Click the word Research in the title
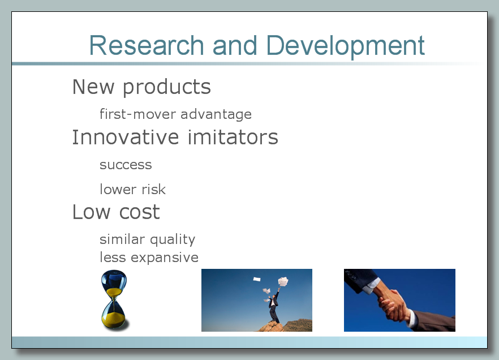[x=147, y=45]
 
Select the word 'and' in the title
[x=235, y=45]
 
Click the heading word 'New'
[x=93, y=87]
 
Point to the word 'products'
[x=167, y=88]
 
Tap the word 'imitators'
[x=233, y=137]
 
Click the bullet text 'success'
[x=126, y=165]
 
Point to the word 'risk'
[x=154, y=189]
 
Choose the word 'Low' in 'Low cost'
[x=91, y=212]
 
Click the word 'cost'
[x=140, y=213]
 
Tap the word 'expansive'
[x=165, y=258]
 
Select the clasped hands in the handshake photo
[x=392, y=304]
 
